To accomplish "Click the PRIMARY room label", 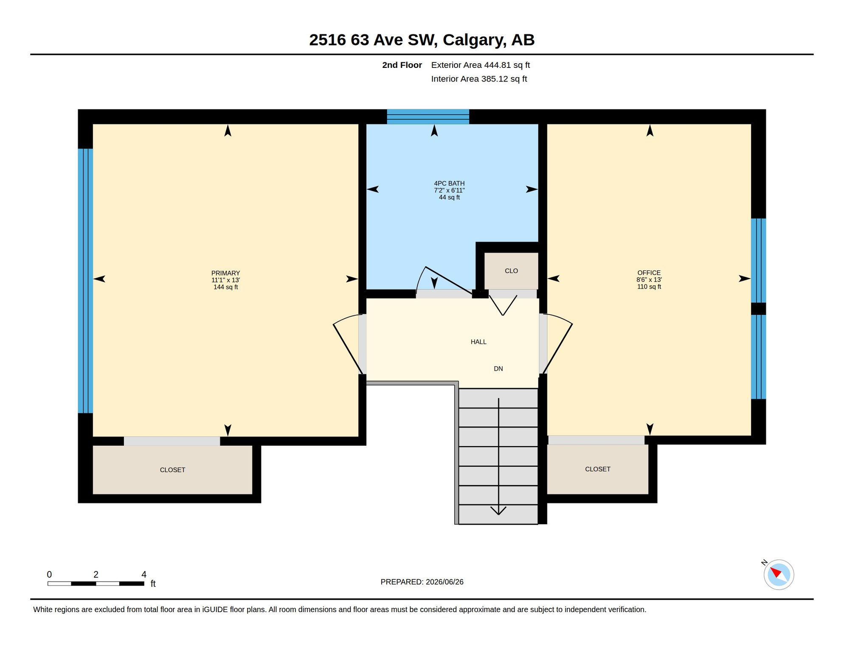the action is [225, 273].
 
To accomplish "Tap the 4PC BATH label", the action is [449, 183].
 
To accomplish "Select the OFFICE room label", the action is [649, 273].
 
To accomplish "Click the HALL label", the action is [478, 342].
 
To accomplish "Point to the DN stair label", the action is [498, 368].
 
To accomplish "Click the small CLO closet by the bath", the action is [511, 271].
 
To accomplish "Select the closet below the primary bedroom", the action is [172, 469].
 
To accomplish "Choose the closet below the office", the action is [597, 469].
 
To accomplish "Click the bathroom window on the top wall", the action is [428, 117].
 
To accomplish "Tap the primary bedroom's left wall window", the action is [85, 281].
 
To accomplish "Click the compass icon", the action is [779, 575].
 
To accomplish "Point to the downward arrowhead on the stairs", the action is [498, 510].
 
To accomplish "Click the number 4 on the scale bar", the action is [144, 574].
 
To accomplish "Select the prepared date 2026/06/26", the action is [445, 582].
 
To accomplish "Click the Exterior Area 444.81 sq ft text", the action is [481, 65].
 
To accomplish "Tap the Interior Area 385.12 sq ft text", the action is [479, 79].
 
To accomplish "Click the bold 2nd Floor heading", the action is [402, 65].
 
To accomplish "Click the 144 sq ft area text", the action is [225, 287].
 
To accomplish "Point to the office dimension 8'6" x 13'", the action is [649, 280].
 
